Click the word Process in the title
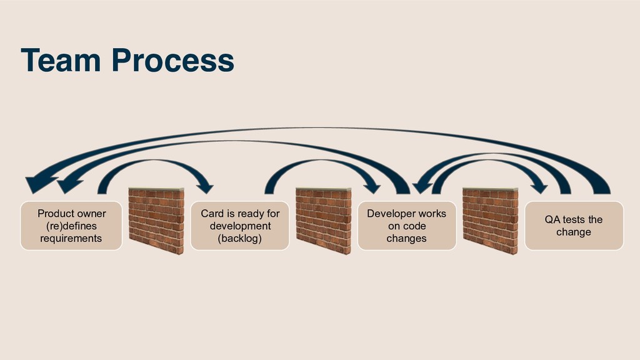(x=173, y=61)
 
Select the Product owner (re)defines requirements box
(x=71, y=226)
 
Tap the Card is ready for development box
(x=240, y=226)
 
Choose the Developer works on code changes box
(x=406, y=226)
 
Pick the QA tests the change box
(x=573, y=226)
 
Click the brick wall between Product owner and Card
(x=156, y=220)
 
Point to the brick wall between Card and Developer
(x=323, y=220)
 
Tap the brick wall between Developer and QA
(x=490, y=220)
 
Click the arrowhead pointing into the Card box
(x=205, y=186)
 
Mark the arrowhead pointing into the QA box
(x=539, y=186)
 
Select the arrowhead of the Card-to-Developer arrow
(x=372, y=186)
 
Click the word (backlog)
(x=240, y=238)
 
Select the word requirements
(x=71, y=238)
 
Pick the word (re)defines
(x=71, y=226)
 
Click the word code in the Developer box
(x=414, y=226)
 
